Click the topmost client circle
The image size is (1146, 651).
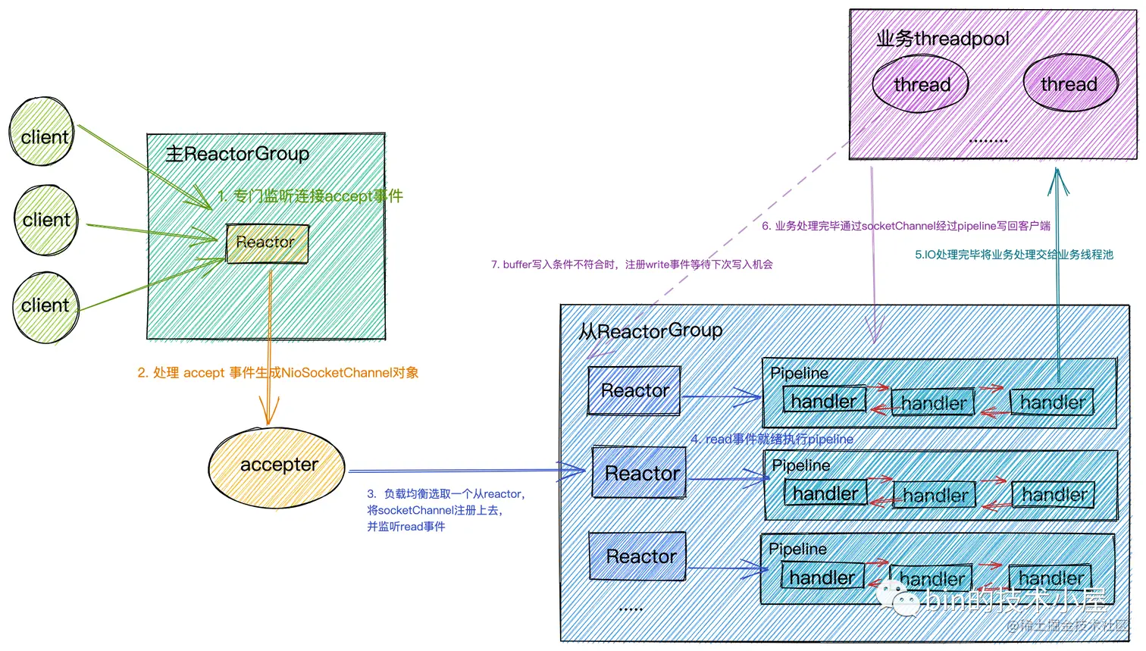click(x=42, y=132)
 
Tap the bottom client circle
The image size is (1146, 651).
click(x=46, y=307)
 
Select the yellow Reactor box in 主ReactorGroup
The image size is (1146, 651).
click(x=267, y=243)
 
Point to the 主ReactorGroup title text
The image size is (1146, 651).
click(x=237, y=155)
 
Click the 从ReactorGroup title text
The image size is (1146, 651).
click(x=650, y=331)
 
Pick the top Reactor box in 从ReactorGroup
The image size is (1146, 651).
click(x=634, y=391)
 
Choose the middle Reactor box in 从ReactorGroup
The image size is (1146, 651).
click(x=639, y=473)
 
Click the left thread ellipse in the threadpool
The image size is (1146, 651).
click(x=921, y=84)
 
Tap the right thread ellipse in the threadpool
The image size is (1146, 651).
click(x=1069, y=83)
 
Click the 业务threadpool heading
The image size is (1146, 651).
click(x=942, y=39)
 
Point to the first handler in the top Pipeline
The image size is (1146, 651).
click(x=824, y=400)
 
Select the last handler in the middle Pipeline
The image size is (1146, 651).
click(x=1054, y=495)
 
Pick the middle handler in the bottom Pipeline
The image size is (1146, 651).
click(x=931, y=578)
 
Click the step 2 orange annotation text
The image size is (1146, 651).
click(x=278, y=373)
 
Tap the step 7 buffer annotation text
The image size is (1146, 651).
click(x=631, y=264)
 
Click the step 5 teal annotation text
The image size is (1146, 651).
click(x=1013, y=255)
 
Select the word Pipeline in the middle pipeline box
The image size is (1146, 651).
click(x=800, y=465)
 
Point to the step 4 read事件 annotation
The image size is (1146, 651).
click(x=772, y=440)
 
